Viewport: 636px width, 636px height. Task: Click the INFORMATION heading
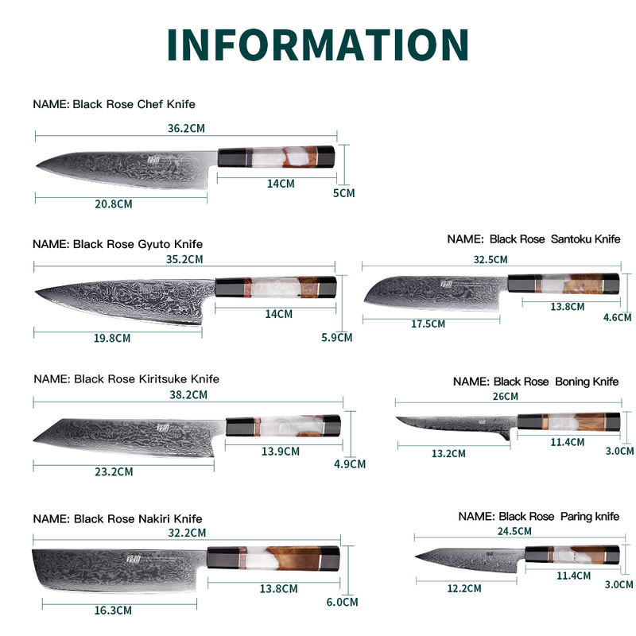point(318,45)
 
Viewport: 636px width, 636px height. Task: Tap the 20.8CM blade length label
point(114,204)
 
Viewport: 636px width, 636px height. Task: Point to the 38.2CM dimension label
point(188,394)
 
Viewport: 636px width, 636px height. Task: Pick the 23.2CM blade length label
point(114,471)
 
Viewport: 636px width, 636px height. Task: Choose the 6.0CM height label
point(340,602)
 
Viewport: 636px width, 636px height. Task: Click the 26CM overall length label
point(505,396)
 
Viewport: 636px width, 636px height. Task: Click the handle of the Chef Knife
point(279,158)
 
